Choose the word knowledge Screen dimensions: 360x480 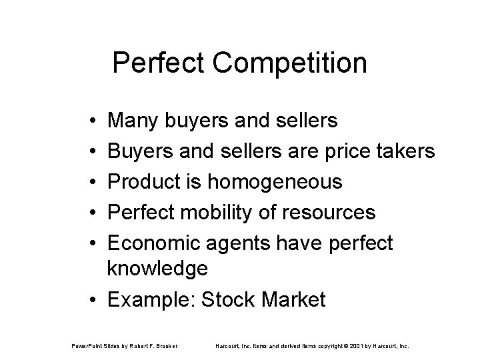coord(158,269)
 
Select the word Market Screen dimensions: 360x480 coord(293,299)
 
